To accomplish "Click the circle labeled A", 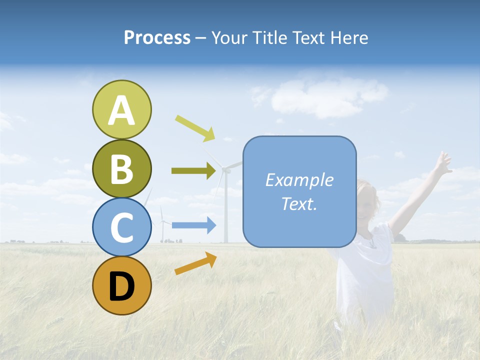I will (121, 109).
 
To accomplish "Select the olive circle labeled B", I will (121, 168).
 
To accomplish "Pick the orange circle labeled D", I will (121, 285).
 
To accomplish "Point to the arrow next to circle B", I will (193, 170).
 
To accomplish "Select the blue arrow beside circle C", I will (194, 225).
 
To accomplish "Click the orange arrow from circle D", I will (195, 263).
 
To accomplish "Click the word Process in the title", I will (157, 37).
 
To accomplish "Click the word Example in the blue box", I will (299, 180).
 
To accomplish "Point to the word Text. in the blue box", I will (299, 203).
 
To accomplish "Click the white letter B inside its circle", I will (121, 168).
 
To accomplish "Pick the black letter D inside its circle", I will (121, 286).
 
